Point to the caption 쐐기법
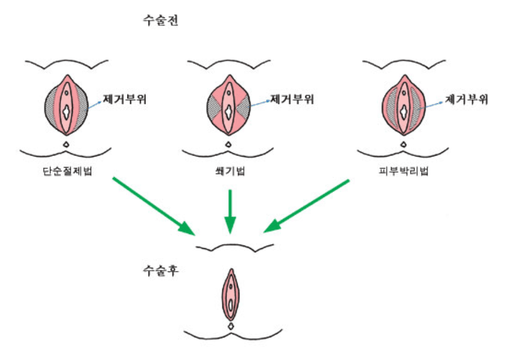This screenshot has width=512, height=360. pos(228,172)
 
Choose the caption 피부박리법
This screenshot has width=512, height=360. pos(402,172)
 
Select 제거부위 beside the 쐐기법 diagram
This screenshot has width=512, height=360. pos(291,99)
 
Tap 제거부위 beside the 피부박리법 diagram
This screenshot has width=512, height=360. pos(466,99)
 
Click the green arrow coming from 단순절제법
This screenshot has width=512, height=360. pos(152,205)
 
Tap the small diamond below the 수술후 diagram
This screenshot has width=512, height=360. pos(231,327)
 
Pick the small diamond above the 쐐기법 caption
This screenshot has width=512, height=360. pos(228,143)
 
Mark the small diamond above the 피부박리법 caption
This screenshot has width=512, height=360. pos(403,143)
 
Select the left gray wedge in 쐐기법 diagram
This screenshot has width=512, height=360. pos(215,108)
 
